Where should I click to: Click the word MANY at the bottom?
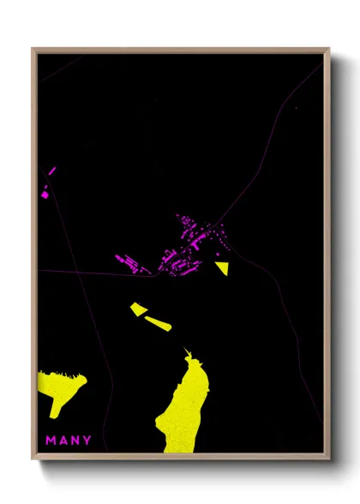coord(69,441)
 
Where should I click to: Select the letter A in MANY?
coord(63,441)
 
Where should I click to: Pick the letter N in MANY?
coord(75,441)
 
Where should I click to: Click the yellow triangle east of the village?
coord(222,267)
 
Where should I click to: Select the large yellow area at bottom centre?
coord(185,407)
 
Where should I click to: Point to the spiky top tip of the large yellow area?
coord(186,349)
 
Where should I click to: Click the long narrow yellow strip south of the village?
coord(158,322)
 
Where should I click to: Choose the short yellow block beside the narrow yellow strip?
coord(138,308)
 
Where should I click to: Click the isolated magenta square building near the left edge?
coord(45,195)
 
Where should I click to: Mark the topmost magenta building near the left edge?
coord(51,171)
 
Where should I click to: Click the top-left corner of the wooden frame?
coord(33,49)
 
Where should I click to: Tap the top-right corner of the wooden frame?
coord(328,49)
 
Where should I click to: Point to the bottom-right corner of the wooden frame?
coord(328,459)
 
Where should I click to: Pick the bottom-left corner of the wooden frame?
coord(33,459)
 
